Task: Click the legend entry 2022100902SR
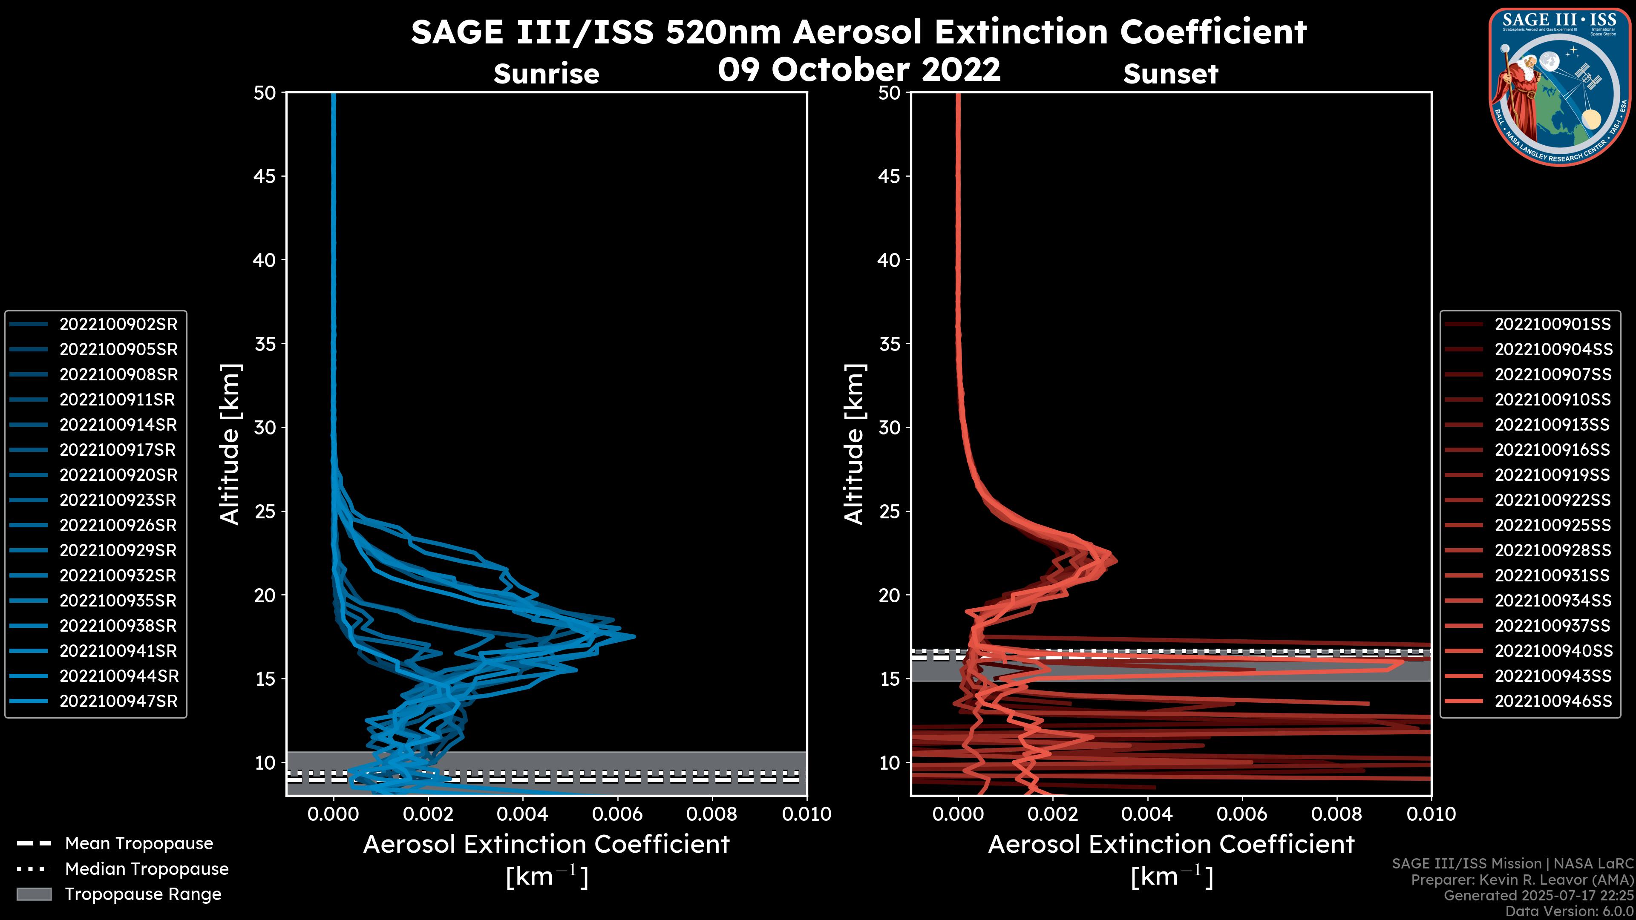(118, 325)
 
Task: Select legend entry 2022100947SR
(118, 701)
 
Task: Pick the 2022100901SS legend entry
(1552, 325)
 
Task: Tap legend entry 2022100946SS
(1552, 701)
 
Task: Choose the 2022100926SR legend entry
(118, 526)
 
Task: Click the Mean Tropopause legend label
(139, 844)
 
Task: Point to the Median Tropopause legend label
(147, 869)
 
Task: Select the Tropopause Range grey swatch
(34, 894)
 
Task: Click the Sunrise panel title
(546, 74)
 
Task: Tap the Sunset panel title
(1170, 74)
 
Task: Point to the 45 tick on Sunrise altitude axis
(265, 176)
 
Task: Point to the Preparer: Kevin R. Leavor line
(1522, 880)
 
